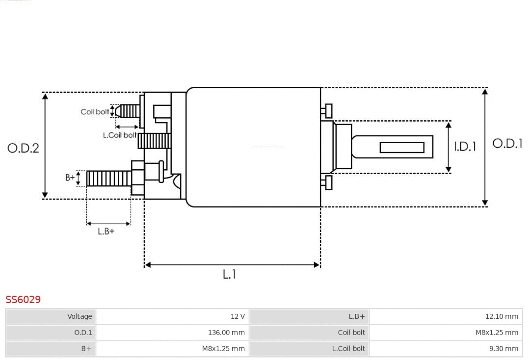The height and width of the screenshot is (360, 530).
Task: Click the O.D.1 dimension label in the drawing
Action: [507, 144]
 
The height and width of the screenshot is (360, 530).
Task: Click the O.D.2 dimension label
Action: [23, 148]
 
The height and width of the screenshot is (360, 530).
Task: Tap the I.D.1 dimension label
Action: [464, 146]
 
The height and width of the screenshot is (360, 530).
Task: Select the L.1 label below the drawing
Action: [230, 275]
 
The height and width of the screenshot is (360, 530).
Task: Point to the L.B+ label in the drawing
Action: [106, 231]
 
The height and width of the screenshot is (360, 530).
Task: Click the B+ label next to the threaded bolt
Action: [71, 178]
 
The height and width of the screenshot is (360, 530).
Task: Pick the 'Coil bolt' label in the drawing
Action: [95, 112]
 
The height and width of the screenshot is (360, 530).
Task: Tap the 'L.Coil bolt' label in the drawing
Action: [120, 135]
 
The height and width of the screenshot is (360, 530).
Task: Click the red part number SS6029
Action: [23, 299]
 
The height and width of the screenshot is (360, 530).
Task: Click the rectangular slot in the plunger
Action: [402, 147]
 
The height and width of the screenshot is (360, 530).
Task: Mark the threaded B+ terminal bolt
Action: [108, 178]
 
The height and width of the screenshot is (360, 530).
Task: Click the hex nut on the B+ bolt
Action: [137, 178]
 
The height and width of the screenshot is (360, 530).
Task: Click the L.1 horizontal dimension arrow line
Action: [232, 265]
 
